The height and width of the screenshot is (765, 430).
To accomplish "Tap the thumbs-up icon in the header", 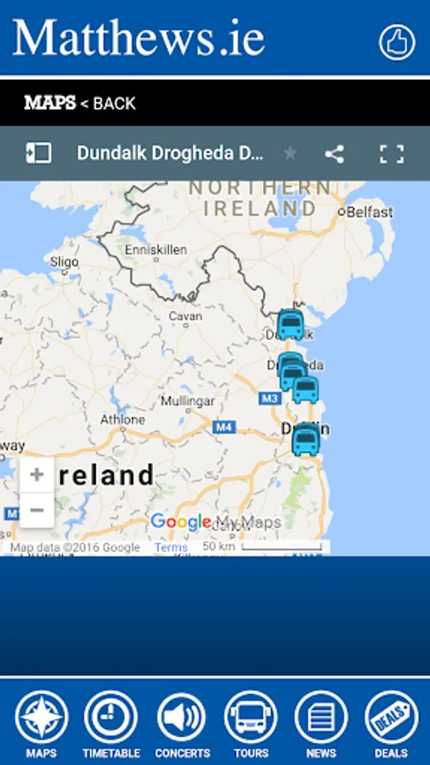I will (x=397, y=42).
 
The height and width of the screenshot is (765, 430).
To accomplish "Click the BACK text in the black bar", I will (x=114, y=104).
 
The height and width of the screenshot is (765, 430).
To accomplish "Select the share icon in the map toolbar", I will (x=335, y=154).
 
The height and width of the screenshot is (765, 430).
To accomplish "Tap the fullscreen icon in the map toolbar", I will (x=391, y=154).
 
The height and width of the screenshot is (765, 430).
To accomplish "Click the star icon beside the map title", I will (x=291, y=154).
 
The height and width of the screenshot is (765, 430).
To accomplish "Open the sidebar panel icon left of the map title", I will (x=38, y=153).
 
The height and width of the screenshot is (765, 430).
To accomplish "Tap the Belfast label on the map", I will (x=369, y=211).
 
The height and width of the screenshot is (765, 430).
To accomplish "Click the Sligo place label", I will (x=65, y=262).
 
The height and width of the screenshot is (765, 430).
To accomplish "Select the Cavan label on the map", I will (x=185, y=316).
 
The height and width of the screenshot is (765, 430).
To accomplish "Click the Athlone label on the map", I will (x=122, y=420).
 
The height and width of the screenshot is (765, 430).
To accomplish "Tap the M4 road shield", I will (x=224, y=428).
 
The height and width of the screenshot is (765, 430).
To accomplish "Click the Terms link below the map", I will (x=171, y=547).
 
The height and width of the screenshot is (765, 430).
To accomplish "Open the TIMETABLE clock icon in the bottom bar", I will (x=110, y=717).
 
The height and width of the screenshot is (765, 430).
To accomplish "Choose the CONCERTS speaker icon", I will (x=182, y=717).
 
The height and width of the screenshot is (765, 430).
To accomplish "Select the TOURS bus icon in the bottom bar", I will (x=251, y=717).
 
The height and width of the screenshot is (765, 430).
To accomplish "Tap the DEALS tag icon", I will (x=391, y=717).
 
